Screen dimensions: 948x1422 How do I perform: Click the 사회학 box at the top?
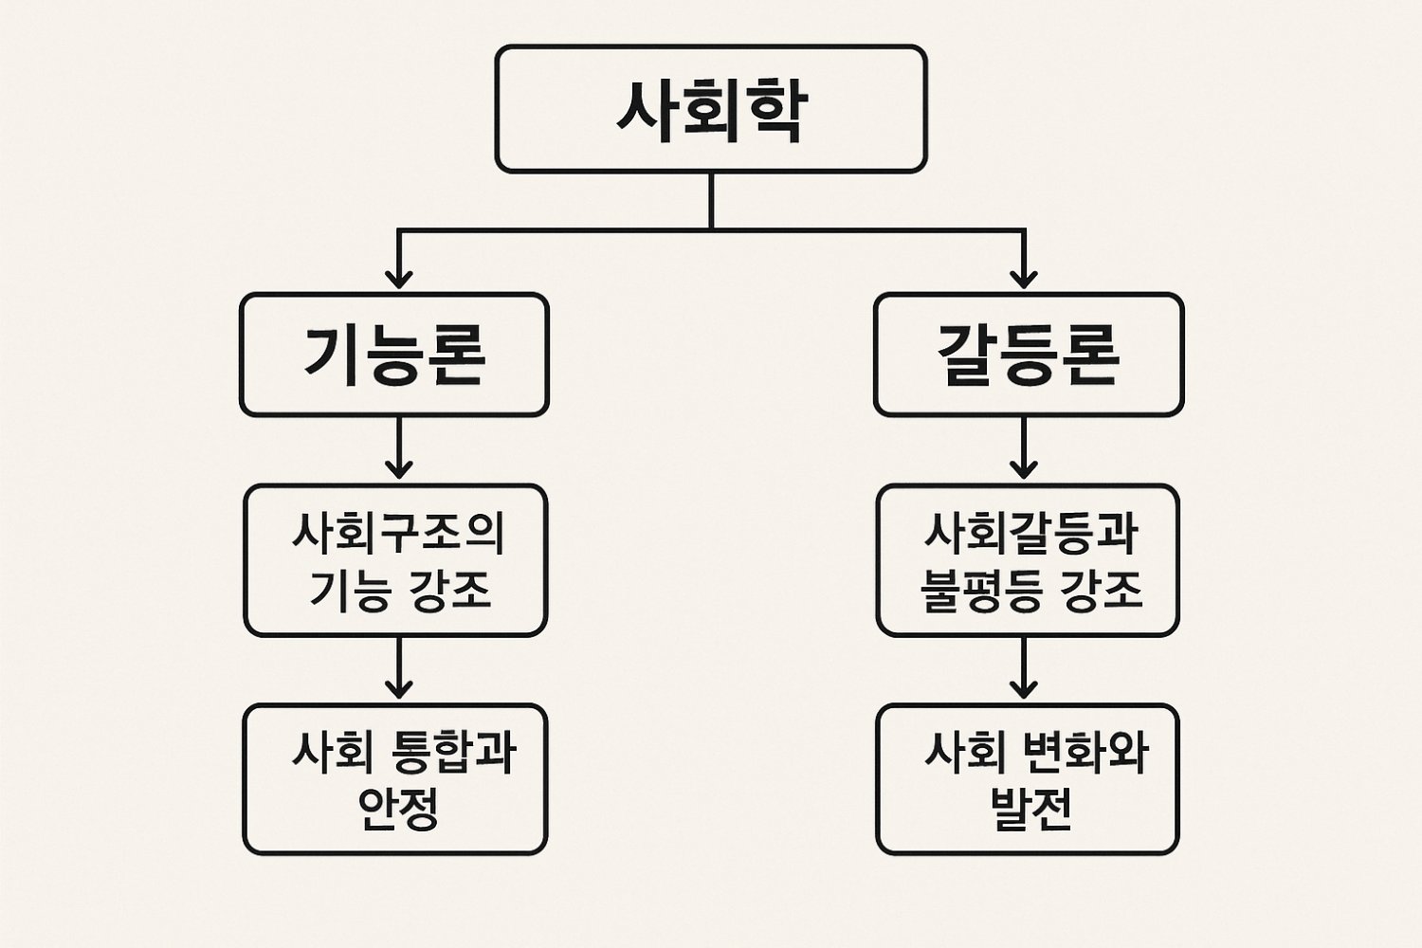[711, 109]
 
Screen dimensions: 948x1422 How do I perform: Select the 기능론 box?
[394, 355]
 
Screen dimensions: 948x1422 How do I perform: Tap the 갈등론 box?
[1029, 355]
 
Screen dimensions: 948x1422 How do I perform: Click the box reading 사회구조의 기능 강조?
[396, 560]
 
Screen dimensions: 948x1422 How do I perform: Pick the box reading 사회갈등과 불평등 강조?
[1028, 560]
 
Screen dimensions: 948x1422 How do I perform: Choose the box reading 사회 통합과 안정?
[395, 779]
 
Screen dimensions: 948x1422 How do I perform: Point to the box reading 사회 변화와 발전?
[1028, 779]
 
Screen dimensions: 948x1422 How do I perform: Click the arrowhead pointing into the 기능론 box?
[399, 278]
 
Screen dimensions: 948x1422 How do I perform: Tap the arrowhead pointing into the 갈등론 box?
[1024, 278]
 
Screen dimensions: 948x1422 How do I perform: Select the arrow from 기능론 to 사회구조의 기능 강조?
[399, 450]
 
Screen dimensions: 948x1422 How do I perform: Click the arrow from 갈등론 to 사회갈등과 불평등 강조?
[1024, 450]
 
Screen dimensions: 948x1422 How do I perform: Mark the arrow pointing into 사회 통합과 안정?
[399, 669]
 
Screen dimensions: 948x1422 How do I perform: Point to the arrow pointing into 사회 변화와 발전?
[1024, 669]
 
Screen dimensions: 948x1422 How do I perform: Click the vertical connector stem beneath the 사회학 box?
[711, 200]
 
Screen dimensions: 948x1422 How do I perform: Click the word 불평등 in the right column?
[982, 590]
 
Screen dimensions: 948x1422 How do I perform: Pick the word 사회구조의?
[397, 533]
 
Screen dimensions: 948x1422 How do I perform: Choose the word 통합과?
[453, 752]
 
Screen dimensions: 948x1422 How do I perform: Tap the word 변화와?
[1085, 752]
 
